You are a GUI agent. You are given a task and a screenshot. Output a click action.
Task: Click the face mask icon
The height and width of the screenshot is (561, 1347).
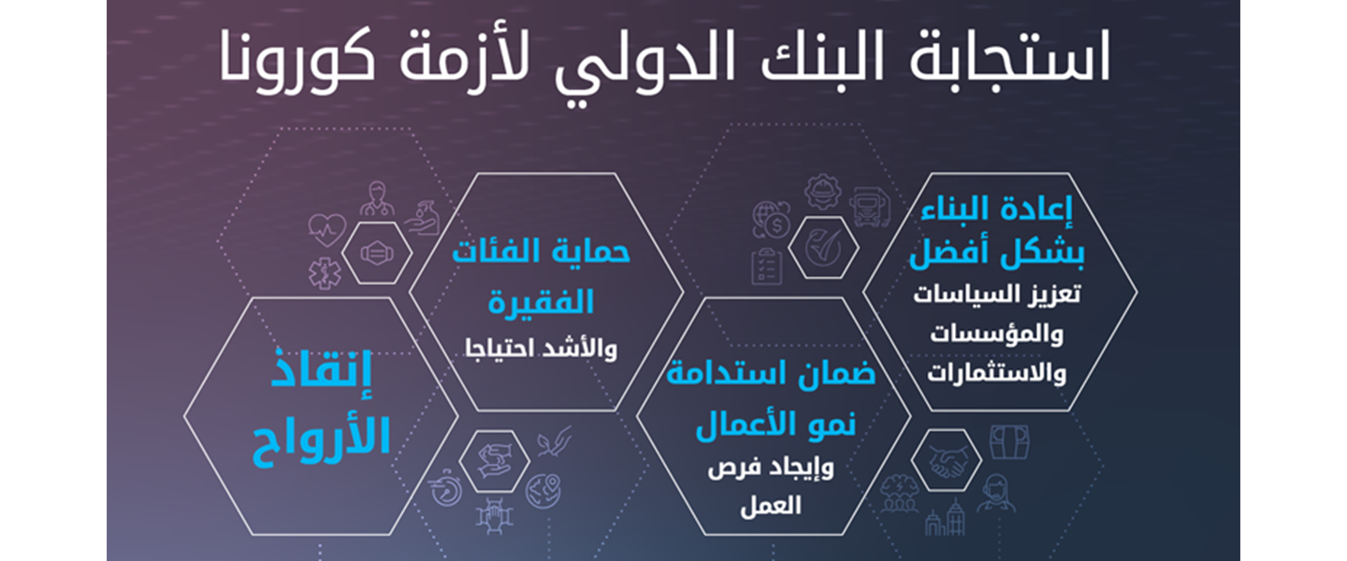(375, 252)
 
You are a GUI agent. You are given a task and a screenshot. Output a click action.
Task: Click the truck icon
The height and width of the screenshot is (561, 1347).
(870, 206)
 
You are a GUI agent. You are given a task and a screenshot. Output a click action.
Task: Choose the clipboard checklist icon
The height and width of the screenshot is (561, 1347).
(770, 265)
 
